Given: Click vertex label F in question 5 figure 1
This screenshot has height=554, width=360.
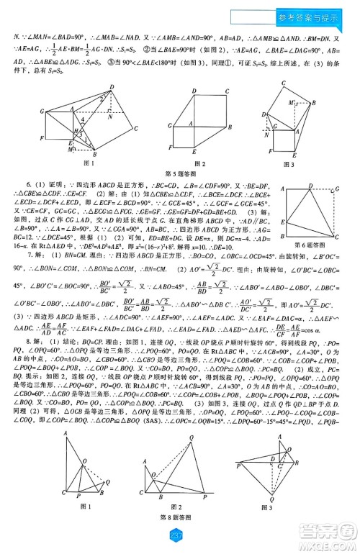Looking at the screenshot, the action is (43, 137).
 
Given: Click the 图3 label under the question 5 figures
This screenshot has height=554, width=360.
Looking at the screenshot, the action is (289, 164).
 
